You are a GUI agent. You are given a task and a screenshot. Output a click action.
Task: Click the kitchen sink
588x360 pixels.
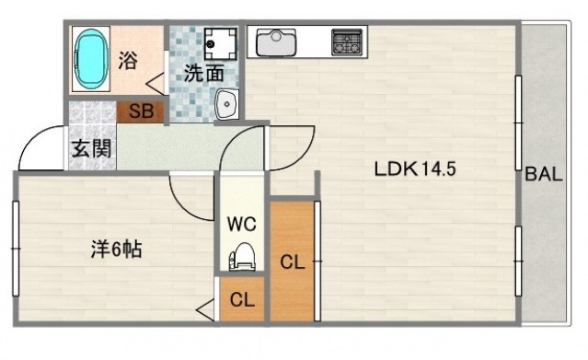[276, 41]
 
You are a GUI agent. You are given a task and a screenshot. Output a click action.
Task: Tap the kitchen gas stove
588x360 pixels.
[347, 41]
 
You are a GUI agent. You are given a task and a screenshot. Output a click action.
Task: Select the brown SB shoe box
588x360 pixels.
[141, 112]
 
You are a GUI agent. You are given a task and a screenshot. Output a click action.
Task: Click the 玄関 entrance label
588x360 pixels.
[91, 149]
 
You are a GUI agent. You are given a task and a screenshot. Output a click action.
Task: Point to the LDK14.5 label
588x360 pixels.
[415, 169]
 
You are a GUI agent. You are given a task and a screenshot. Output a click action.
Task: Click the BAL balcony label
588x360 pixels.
[544, 176]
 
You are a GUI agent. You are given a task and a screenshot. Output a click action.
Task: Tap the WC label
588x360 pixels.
[243, 223]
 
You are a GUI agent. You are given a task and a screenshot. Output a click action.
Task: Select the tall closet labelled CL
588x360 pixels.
[293, 261]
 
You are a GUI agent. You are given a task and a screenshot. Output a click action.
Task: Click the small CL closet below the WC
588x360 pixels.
[243, 299]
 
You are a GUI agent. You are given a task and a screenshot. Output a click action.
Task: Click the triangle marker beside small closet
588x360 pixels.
[205, 310]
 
